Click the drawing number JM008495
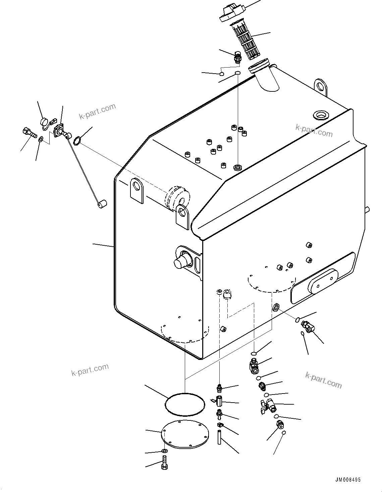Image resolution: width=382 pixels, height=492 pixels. coord(347,480)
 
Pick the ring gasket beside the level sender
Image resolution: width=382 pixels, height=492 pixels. coord(76,141)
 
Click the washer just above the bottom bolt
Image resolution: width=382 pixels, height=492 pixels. coord(164,450)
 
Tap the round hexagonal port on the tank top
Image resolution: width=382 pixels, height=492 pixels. coord(320,115)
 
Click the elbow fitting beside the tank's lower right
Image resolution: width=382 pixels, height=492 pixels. coord(308,326)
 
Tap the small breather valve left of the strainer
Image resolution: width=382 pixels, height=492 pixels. coord(238,57)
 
